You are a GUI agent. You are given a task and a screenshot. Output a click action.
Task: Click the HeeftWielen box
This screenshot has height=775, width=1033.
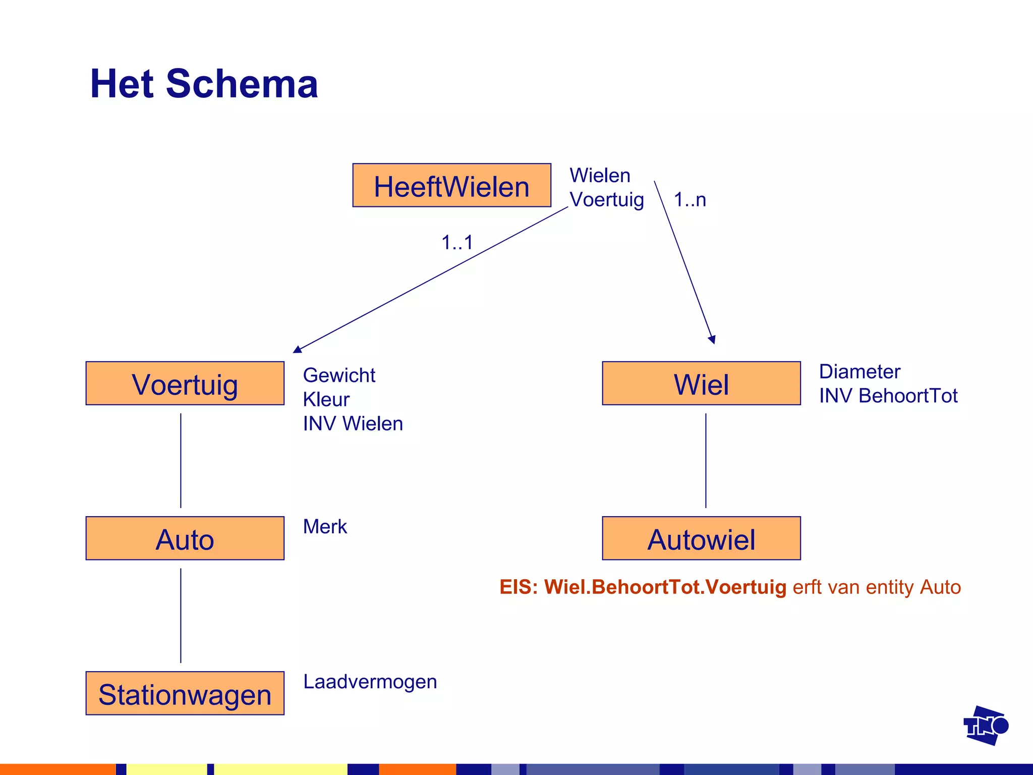coord(451,185)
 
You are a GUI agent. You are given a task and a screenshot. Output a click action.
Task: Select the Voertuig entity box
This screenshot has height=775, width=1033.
coord(185,383)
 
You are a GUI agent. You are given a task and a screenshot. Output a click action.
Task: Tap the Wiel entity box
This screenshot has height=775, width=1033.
coord(701,383)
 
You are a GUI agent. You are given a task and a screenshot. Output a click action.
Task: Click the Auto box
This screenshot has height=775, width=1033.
coord(185,538)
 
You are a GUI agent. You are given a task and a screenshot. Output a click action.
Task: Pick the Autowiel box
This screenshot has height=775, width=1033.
coord(701,538)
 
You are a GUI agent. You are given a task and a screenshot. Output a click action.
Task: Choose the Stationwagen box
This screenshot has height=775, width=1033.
coord(185,693)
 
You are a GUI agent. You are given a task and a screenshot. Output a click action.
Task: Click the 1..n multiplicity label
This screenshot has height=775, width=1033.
coord(690,200)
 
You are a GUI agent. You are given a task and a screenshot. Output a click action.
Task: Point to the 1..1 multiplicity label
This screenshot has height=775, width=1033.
coord(457,243)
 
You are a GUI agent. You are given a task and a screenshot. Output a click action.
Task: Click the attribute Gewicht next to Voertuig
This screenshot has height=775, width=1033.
coord(339,375)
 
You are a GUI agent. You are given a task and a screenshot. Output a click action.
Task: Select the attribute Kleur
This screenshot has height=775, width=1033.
coord(326,400)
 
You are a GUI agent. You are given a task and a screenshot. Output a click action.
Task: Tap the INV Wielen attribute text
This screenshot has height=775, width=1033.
coord(353,424)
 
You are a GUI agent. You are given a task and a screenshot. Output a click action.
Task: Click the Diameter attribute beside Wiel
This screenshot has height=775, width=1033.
coord(859,372)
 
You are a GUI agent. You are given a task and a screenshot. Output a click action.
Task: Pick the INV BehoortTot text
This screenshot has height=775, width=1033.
coord(888,396)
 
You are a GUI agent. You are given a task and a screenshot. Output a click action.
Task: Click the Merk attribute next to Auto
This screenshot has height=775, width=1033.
coord(325,527)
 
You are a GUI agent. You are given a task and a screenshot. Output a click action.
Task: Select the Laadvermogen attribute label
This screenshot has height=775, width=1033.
coord(370,682)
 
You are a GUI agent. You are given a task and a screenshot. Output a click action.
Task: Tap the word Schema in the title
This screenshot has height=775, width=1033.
coord(242,84)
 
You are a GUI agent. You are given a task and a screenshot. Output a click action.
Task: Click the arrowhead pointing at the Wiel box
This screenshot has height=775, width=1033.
coord(712,340)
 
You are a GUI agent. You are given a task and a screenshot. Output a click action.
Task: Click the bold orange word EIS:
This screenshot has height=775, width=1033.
coord(519,587)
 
